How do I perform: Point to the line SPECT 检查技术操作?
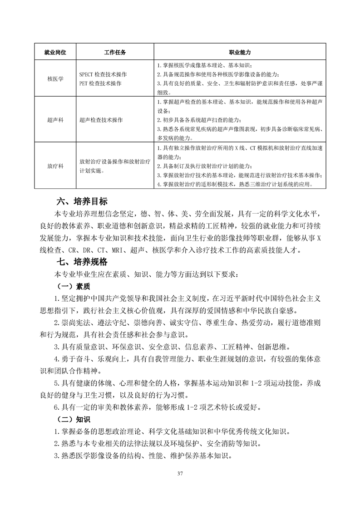pyautogui.click(x=103, y=74)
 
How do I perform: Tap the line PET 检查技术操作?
pyautogui.click(x=100, y=83)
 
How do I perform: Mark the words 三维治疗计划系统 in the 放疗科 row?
pyautogui.click(x=272, y=185)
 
